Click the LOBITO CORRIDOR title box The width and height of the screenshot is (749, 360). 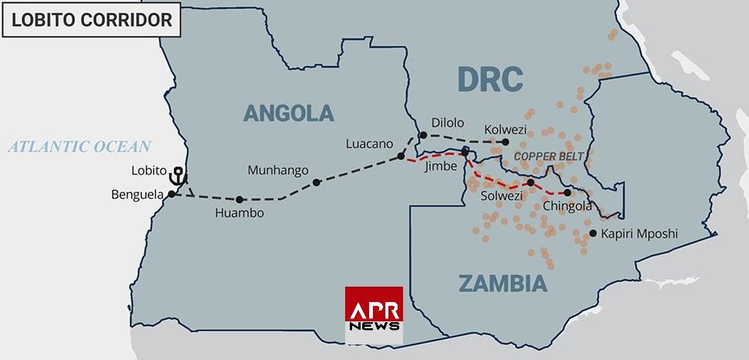(x=91, y=20)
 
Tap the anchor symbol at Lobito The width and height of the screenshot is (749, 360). (x=177, y=175)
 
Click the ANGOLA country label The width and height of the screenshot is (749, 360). (x=288, y=113)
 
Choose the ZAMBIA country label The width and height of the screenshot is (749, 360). (x=503, y=283)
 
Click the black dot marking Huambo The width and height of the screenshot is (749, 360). (x=239, y=199)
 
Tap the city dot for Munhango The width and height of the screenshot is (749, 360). (x=317, y=182)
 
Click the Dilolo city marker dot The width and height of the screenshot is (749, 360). (x=423, y=136)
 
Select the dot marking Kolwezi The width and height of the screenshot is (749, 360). (x=506, y=142)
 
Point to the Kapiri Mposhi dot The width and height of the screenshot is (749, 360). (x=592, y=233)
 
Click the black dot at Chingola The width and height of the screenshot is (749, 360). (x=567, y=192)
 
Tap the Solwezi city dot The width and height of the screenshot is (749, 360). (x=530, y=182)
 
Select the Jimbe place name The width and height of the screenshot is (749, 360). (x=442, y=165)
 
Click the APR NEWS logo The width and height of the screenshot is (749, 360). (x=374, y=314)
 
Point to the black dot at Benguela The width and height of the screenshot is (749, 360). (x=171, y=194)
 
